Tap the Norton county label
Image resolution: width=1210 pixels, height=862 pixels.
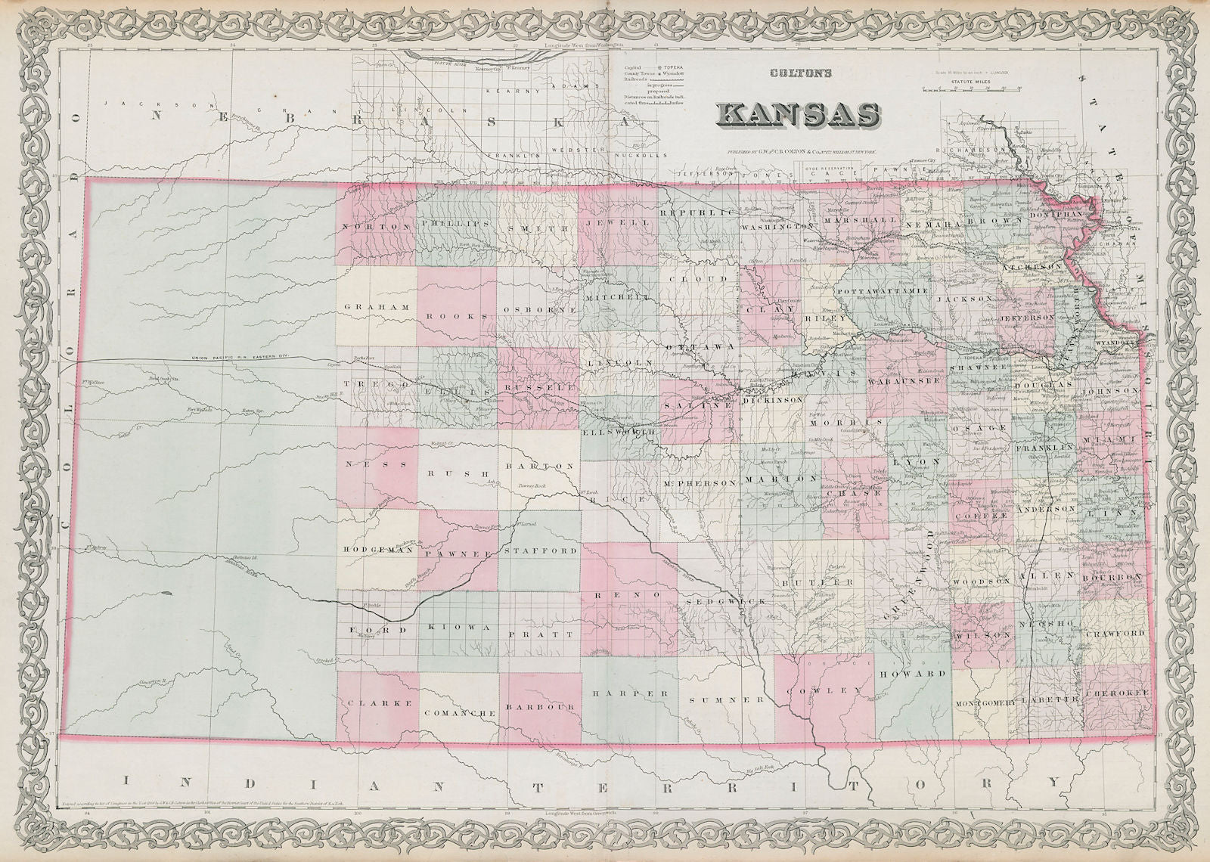[368, 227]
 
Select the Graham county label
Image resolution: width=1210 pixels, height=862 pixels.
[376, 308]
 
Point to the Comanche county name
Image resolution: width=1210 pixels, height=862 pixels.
[460, 713]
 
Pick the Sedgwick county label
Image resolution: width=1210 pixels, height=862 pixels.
[727, 600]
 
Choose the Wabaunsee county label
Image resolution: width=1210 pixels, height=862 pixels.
[908, 381]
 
